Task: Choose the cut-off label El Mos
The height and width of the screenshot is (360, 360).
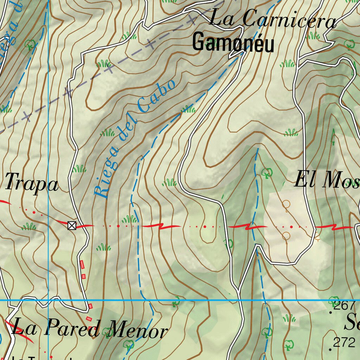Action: point(326,180)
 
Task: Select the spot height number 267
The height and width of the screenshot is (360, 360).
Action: point(345,306)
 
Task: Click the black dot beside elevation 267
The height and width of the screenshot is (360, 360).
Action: point(330,312)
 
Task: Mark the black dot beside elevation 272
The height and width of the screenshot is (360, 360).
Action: point(330,349)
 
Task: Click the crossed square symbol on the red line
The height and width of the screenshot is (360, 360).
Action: point(72,225)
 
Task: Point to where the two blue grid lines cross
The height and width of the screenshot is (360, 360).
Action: point(48,300)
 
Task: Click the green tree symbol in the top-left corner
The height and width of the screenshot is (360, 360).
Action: point(30,45)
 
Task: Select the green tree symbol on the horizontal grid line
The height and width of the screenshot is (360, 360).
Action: point(176,302)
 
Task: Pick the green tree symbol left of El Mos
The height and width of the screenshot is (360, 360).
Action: point(267,173)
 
